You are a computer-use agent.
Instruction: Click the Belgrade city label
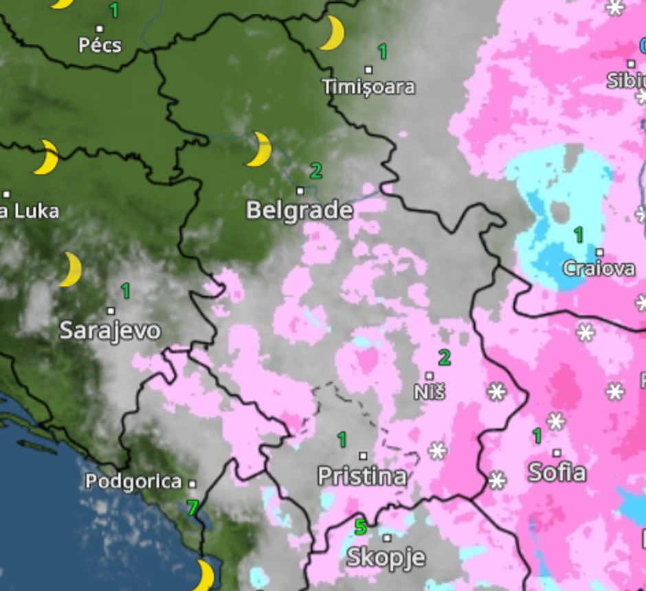point(299,210)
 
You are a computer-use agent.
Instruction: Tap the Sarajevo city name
point(110,331)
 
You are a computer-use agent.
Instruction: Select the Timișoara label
point(368,87)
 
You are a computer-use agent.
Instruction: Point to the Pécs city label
point(100,45)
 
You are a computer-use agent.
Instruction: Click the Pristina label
point(362,476)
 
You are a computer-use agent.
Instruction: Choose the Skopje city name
point(386,557)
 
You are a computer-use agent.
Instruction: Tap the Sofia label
point(557,472)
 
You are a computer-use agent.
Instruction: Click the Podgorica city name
point(133,482)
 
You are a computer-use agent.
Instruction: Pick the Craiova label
point(599,269)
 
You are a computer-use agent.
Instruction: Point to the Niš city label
point(430,392)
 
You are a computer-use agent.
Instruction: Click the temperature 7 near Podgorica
point(192,509)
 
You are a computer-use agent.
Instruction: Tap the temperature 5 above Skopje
point(360,527)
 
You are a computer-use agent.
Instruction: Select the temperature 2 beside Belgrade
point(315,170)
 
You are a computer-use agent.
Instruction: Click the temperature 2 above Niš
point(445,357)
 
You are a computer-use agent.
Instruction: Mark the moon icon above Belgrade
point(259,149)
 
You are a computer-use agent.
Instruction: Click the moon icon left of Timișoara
point(331,33)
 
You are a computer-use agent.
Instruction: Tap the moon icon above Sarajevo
point(70,269)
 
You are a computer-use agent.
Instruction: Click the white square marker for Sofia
point(557,453)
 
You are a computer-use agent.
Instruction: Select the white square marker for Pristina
point(363,456)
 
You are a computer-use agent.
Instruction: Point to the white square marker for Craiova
point(599,252)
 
